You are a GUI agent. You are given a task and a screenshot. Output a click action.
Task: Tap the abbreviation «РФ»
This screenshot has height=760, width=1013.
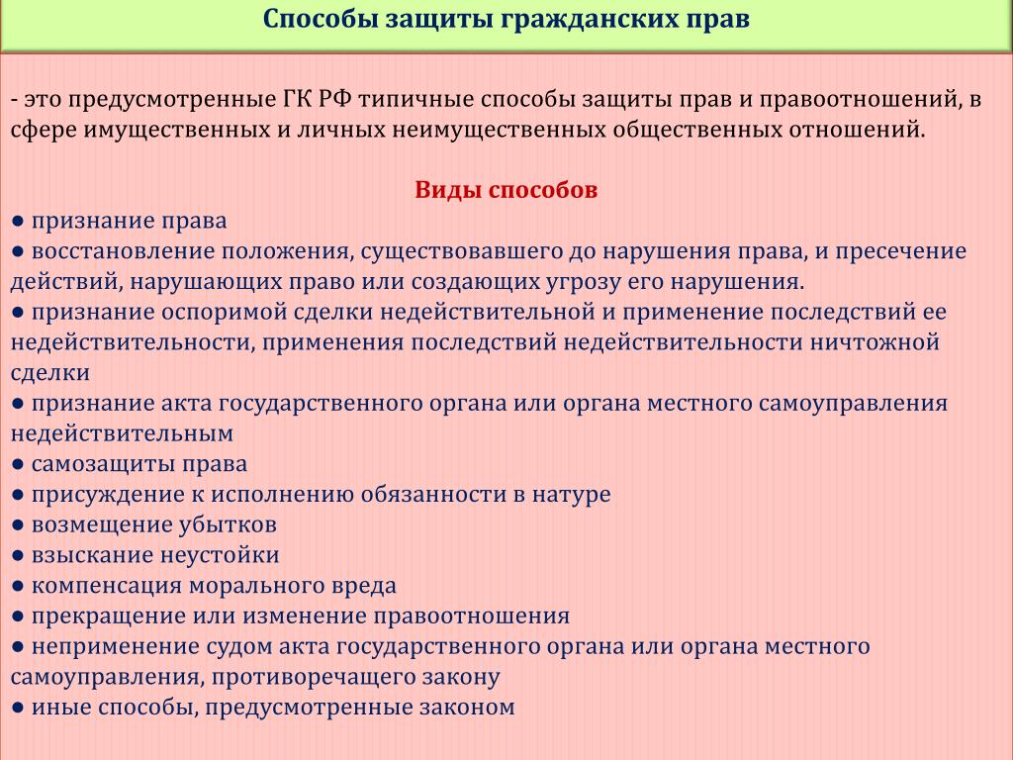[334, 100]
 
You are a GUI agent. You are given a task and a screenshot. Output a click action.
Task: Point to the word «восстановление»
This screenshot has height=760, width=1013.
[123, 251]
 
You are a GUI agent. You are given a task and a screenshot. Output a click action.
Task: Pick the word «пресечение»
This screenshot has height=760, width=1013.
[900, 251]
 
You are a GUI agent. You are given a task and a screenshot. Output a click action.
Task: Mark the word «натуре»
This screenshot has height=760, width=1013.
[571, 495]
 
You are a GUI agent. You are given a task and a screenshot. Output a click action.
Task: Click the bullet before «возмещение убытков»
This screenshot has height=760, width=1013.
[18, 525]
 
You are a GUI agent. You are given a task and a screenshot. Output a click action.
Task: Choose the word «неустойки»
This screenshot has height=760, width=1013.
[219, 555]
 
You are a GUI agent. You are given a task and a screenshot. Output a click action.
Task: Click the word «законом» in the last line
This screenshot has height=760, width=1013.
[467, 707]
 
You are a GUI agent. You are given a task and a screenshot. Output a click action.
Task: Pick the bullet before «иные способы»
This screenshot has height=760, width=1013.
[18, 708]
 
